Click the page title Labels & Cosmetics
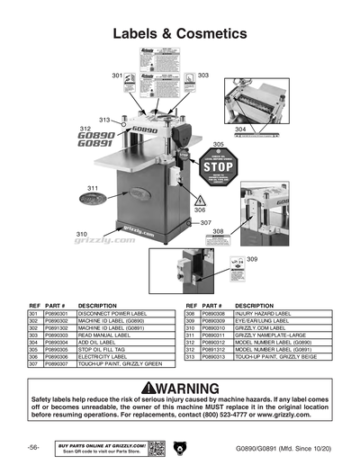click(180, 34)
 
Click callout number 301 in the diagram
click(116, 76)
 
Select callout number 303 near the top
click(203, 76)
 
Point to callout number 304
click(240, 130)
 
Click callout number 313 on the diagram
click(104, 120)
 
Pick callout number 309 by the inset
click(252, 259)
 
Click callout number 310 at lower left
click(81, 233)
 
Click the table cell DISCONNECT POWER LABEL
click(112, 314)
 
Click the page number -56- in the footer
click(32, 447)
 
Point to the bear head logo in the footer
click(180, 447)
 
